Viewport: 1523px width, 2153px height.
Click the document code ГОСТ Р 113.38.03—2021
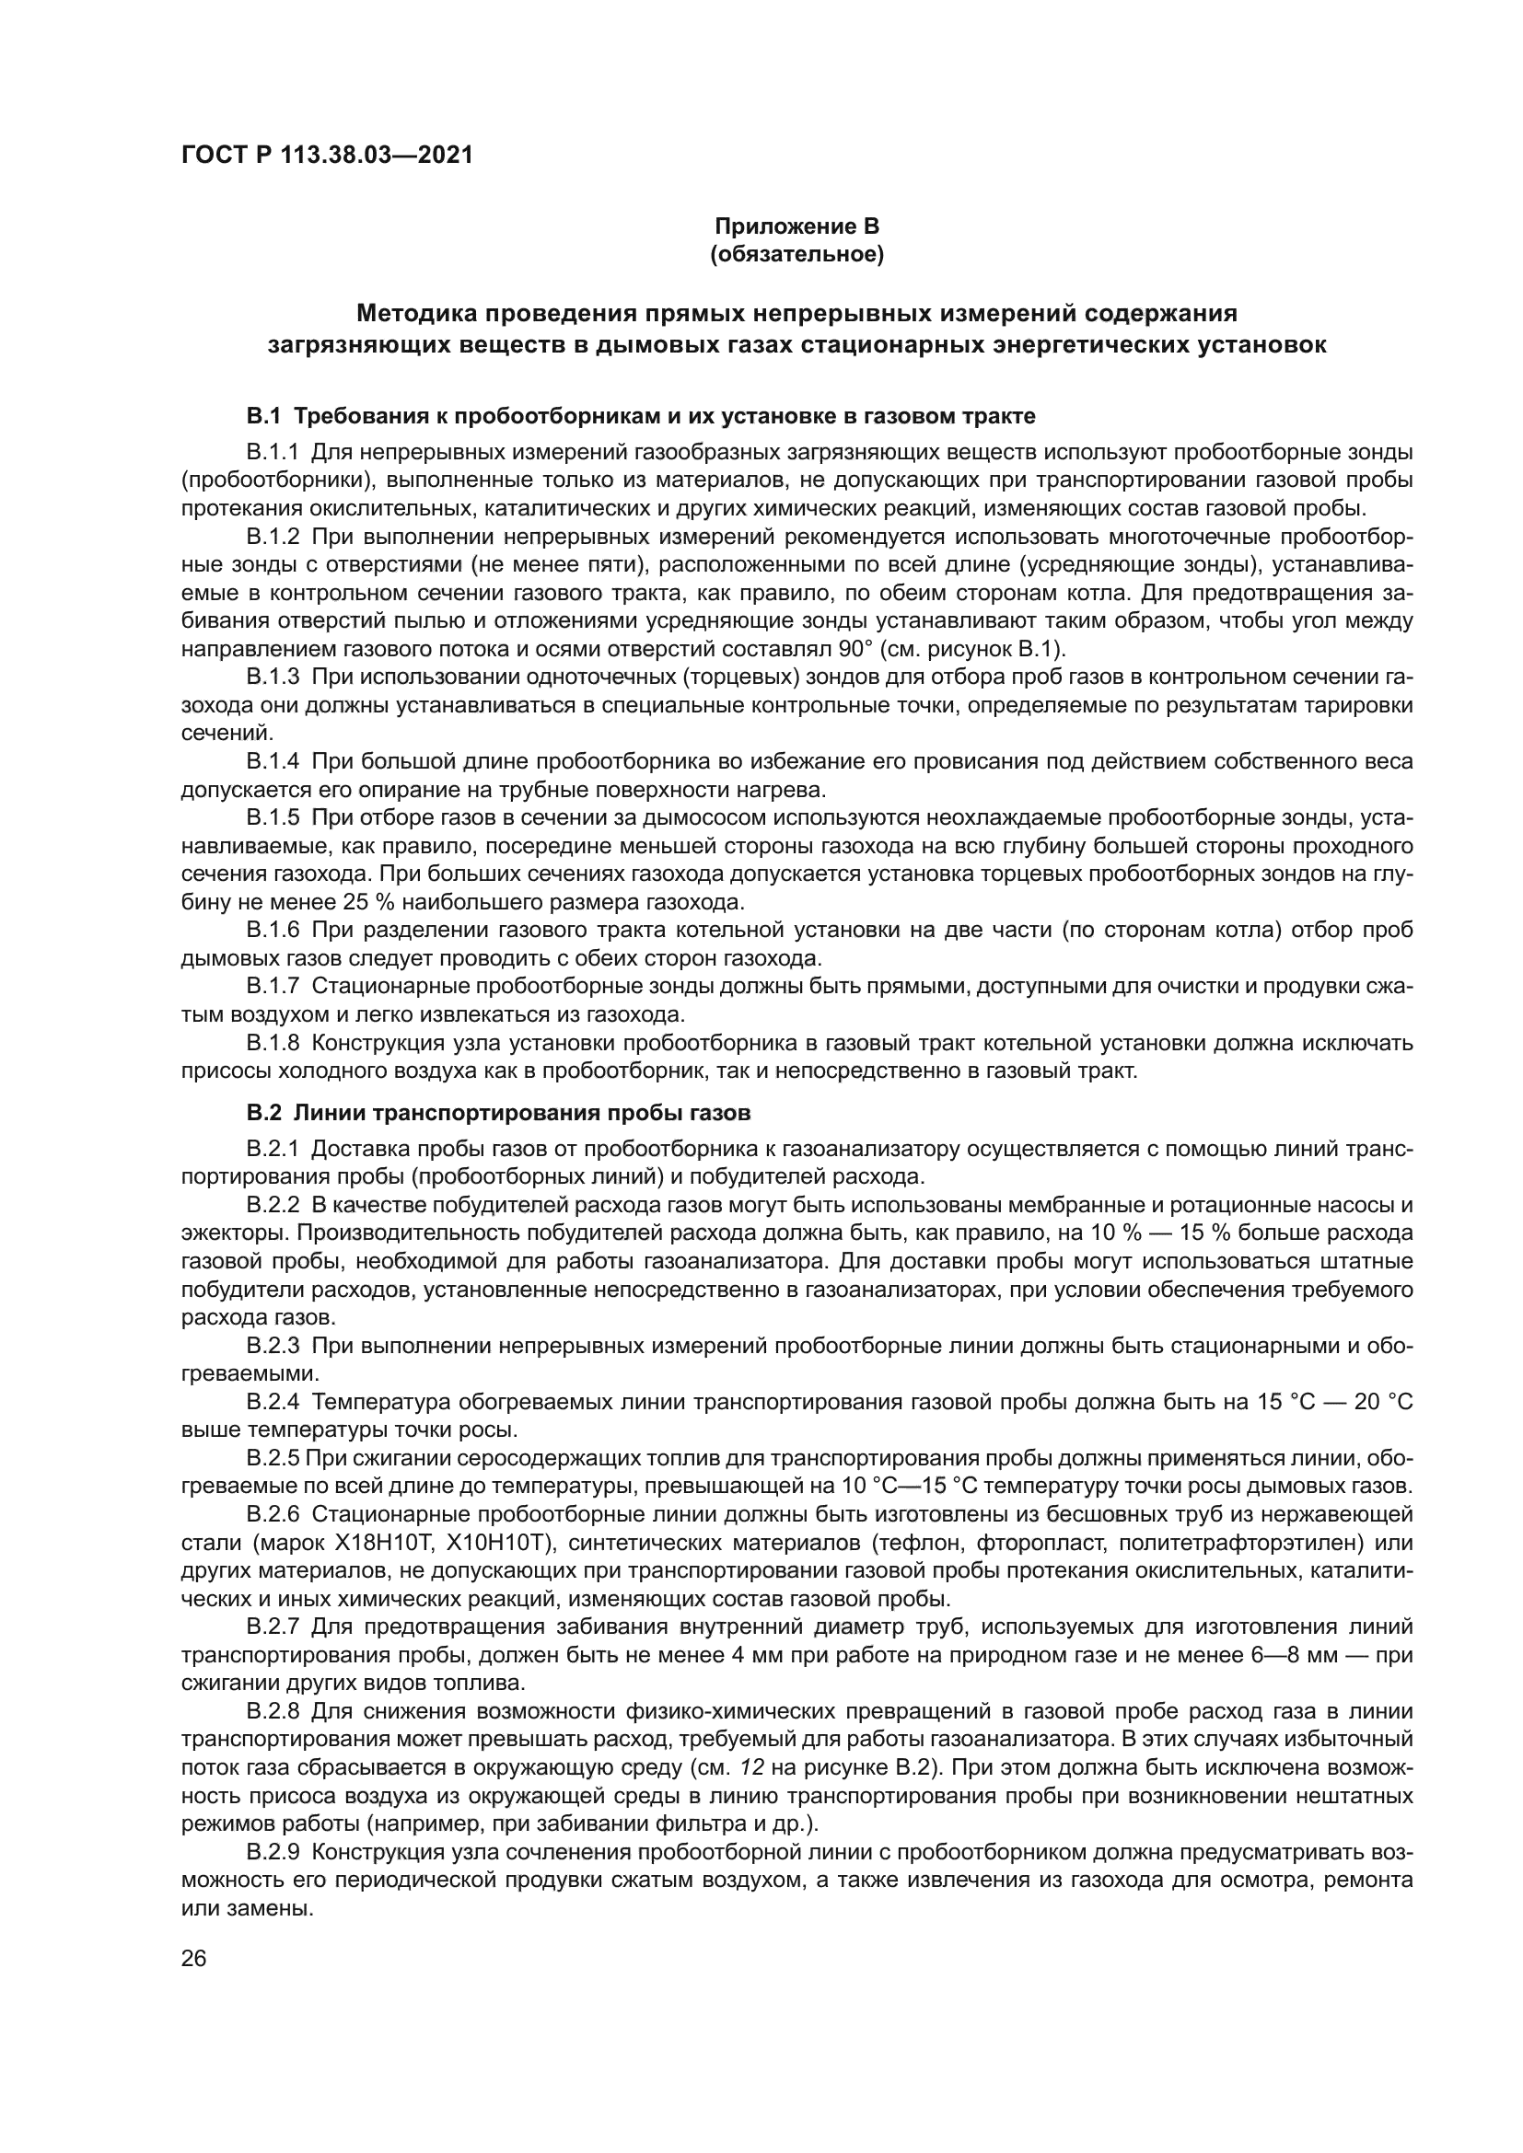pyautogui.click(x=326, y=155)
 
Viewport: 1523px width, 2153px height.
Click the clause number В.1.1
pyautogui.click(x=272, y=453)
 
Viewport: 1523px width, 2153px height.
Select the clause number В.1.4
pyautogui.click(x=272, y=761)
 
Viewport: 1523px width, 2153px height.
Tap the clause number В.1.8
pyautogui.click(x=272, y=1043)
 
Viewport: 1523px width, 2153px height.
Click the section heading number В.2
pyautogui.click(x=263, y=1114)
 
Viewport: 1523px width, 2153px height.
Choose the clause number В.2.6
pyautogui.click(x=272, y=1514)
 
